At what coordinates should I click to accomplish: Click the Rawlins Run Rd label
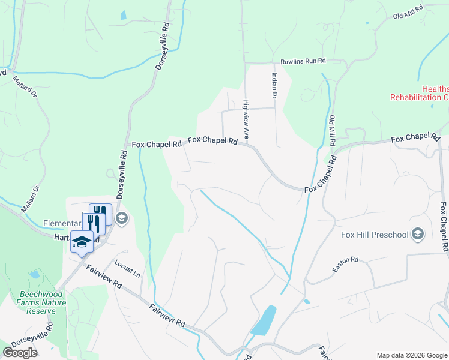point(303,61)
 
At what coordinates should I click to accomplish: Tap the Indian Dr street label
point(274,85)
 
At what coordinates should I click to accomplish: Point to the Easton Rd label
point(345,265)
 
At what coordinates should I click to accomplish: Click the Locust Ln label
point(127,269)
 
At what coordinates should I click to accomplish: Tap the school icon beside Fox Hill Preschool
point(418,234)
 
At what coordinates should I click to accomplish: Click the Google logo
point(20,352)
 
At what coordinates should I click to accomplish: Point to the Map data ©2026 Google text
point(411,355)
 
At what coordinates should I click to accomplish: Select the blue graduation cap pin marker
point(82,242)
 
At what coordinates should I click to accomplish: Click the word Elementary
point(62,224)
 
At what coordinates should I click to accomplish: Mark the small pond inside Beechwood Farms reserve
point(34,275)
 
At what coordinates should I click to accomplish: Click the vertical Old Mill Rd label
point(332,132)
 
